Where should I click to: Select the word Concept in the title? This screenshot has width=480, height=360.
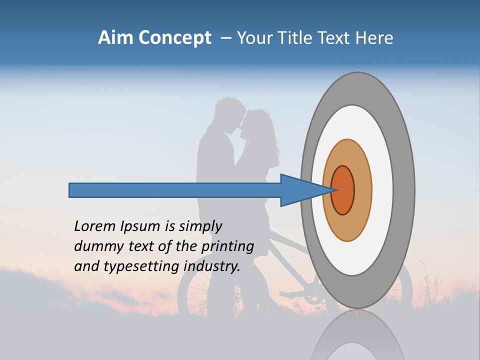point(174,38)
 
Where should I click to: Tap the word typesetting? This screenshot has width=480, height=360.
point(140,267)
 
